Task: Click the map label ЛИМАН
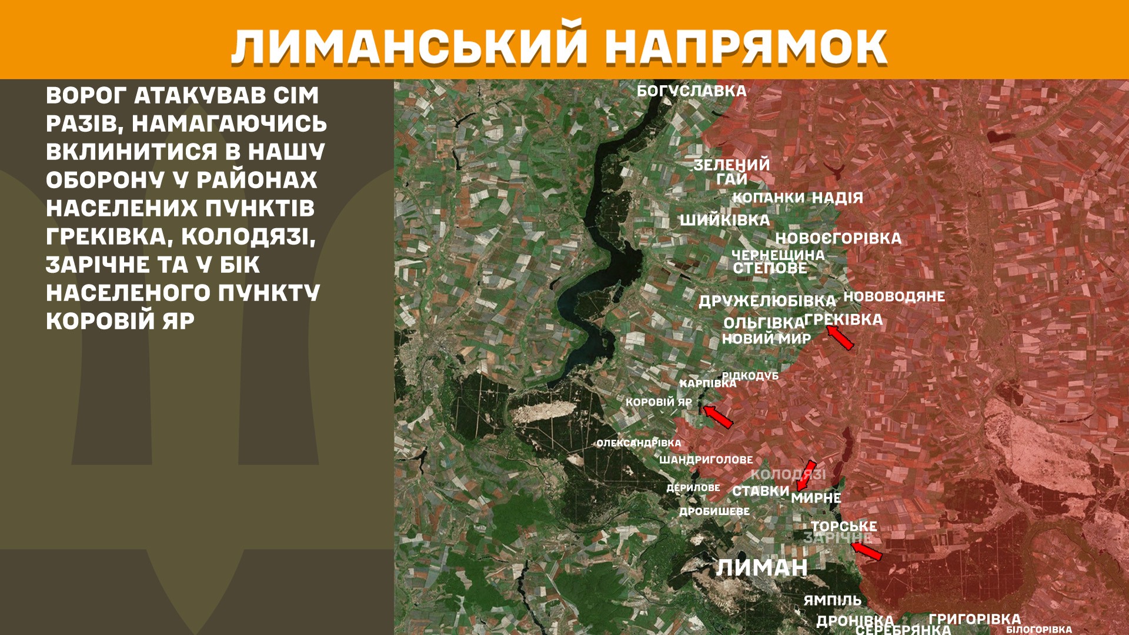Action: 761,568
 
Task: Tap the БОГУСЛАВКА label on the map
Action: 692,91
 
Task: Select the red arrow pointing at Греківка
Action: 840,337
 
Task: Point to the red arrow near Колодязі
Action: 806,476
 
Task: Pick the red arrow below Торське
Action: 867,551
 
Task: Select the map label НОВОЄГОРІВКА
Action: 838,238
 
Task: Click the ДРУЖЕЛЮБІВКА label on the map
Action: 767,301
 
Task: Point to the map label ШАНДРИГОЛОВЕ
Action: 706,460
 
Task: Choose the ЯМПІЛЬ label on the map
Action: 832,600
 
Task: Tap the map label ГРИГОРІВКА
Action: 974,619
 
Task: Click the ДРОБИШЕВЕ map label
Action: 714,512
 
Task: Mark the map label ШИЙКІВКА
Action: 724,220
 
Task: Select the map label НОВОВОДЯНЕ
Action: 894,296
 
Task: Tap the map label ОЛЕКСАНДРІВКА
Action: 639,443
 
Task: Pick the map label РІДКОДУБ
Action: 750,375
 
